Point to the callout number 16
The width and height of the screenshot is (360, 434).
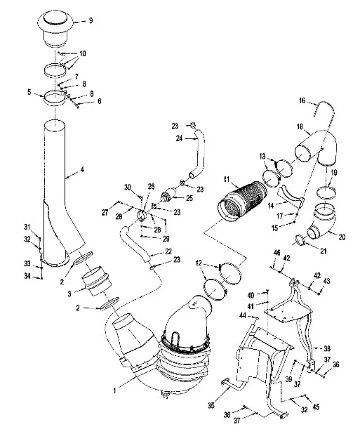(x=302, y=100)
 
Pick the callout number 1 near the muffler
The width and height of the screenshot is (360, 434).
(x=114, y=390)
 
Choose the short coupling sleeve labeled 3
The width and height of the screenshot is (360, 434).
(x=97, y=281)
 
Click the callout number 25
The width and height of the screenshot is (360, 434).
(x=189, y=198)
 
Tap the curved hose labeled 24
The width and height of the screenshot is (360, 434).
(x=199, y=154)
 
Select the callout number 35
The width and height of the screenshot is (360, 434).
(x=211, y=405)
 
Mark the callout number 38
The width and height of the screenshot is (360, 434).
(x=327, y=348)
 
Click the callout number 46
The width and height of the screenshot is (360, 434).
(x=276, y=252)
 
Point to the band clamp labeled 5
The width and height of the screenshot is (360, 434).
(x=55, y=98)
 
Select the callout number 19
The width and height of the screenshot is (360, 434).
(x=334, y=173)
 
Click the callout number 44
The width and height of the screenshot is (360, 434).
(x=243, y=315)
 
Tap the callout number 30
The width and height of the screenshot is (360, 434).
(x=127, y=188)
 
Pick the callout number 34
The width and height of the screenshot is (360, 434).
(x=27, y=276)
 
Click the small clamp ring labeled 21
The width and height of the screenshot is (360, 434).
(x=300, y=239)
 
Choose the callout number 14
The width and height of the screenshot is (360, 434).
(x=272, y=206)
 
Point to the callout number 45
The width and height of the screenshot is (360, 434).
(x=316, y=407)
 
